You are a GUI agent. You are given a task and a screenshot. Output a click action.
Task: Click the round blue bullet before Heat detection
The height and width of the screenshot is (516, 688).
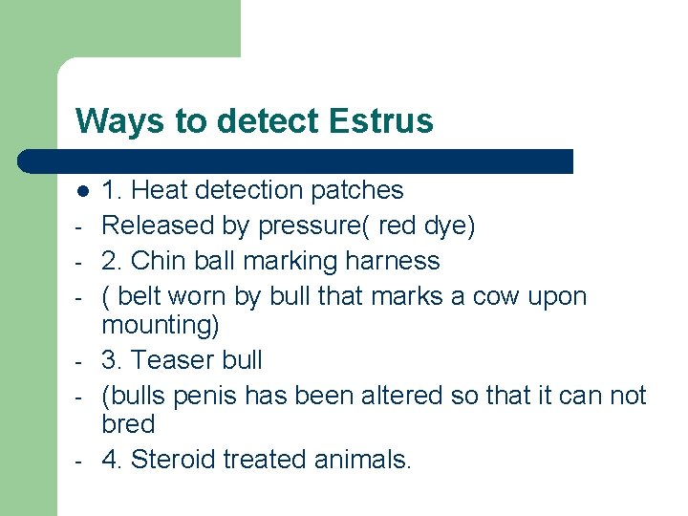point(83,191)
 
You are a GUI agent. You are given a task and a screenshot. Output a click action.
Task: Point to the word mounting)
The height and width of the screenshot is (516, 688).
point(161,326)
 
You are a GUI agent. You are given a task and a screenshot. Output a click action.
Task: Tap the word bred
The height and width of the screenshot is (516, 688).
point(128,424)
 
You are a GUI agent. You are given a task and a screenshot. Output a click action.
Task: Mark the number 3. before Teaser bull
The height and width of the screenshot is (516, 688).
point(112,360)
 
